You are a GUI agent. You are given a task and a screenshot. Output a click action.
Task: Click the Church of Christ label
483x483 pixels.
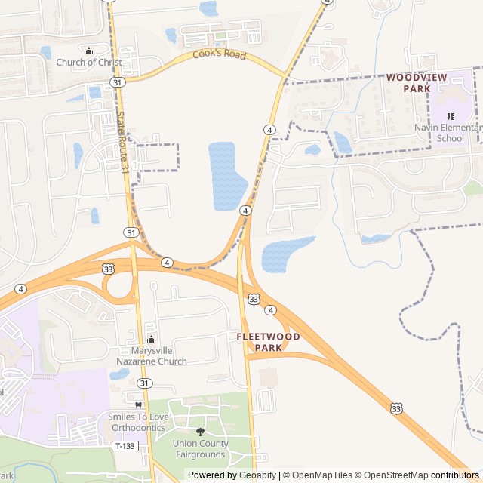coord(89,63)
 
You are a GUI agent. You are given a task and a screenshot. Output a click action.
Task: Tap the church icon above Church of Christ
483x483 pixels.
coord(89,51)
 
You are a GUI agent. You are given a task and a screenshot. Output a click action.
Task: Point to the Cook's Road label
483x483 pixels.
coord(220,54)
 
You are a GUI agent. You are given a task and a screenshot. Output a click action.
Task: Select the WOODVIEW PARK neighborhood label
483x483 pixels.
coord(417,83)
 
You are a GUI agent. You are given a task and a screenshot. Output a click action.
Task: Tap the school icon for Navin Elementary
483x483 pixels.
coord(451,116)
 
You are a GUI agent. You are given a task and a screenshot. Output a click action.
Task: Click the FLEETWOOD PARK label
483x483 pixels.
coord(268,342)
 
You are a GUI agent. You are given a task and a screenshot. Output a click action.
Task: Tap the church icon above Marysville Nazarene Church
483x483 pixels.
coord(152,340)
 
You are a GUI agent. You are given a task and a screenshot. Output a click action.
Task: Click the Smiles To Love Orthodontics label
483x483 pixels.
coord(137,422)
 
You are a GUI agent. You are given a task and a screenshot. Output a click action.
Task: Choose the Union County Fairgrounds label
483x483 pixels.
coord(199,449)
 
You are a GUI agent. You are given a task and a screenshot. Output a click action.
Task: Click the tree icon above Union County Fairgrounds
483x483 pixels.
coord(200,432)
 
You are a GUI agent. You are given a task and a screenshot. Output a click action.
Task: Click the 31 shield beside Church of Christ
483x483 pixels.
coord(116,82)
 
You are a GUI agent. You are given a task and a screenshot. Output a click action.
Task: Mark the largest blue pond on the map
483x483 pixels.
coord(227,176)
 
